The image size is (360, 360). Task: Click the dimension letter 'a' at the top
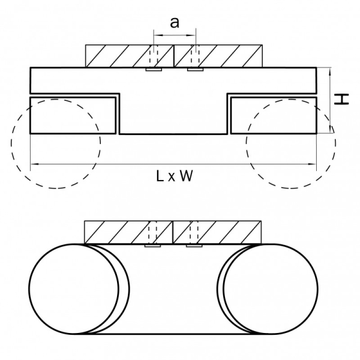point(174,23)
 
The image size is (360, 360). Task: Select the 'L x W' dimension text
point(174,176)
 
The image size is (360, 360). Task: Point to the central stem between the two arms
point(174,114)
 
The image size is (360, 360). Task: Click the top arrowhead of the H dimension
point(330,70)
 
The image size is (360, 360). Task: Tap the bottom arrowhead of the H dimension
point(330,130)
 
